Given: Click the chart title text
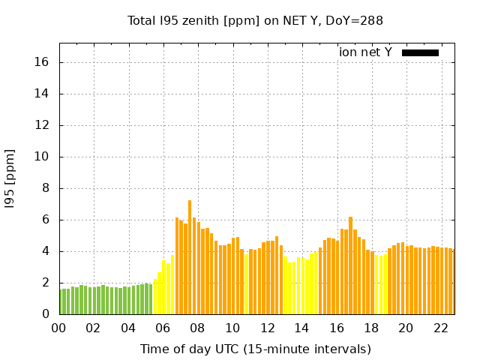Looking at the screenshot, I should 255,21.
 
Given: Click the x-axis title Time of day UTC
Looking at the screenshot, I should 255,349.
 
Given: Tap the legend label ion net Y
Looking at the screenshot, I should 365,52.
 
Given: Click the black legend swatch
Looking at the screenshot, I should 420,52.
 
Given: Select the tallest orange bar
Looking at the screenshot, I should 190,257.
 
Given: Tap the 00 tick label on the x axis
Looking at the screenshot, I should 58,328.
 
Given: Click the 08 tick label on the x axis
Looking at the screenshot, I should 197,328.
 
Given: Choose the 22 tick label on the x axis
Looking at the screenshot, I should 440,328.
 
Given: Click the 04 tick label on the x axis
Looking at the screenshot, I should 128,328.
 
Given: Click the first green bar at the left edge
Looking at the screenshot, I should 61,301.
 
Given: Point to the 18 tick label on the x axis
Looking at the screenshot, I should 370,328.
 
